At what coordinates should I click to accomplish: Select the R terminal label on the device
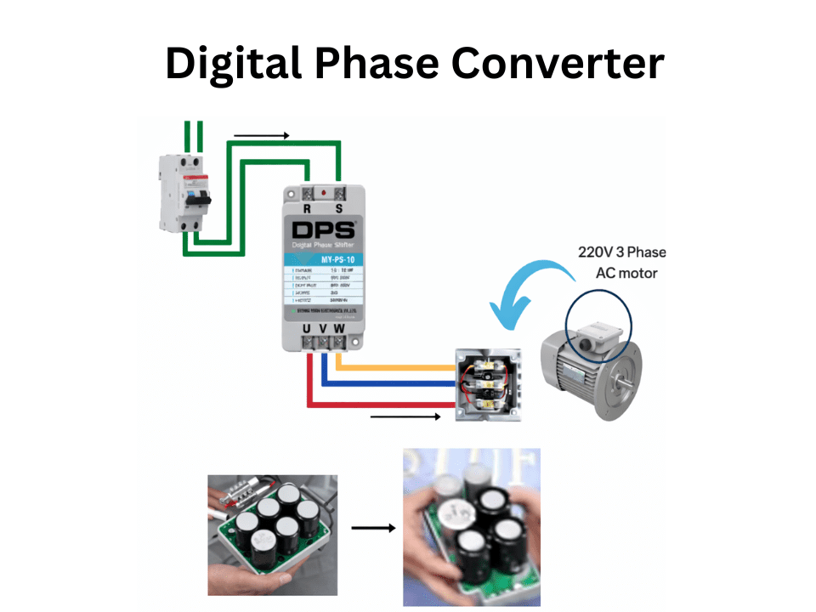307,208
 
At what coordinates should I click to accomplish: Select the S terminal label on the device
339,208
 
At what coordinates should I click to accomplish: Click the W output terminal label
341,327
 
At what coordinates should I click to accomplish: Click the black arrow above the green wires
262,135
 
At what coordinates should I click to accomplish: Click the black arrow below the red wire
406,416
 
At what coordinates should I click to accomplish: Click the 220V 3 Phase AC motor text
621,263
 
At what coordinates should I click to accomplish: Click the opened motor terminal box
485,384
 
